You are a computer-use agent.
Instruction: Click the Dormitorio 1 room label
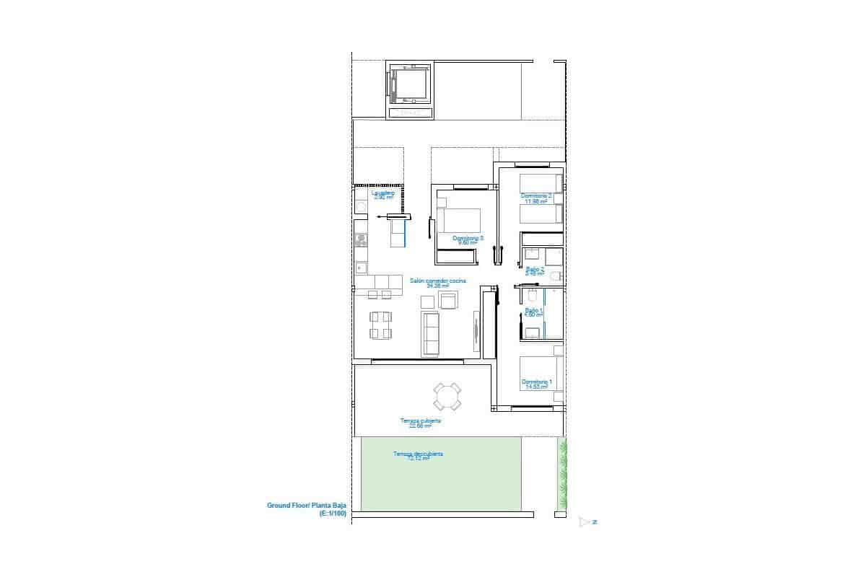pos(537,382)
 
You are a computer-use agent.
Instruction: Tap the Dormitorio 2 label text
pos(536,195)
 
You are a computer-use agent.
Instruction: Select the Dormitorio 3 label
pos(468,238)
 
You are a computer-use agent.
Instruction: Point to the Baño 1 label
pos(534,310)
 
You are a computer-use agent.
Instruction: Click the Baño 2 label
pos(535,269)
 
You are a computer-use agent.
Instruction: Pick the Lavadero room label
pos(382,193)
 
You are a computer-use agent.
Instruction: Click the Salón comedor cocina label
pos(438,281)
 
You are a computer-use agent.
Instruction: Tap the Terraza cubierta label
pos(420,420)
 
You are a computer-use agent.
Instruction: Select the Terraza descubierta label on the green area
pos(418,454)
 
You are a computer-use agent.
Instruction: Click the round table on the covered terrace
pos(447,396)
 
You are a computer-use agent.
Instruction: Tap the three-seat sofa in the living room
pos(431,333)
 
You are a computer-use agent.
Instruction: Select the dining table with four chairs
pos(381,325)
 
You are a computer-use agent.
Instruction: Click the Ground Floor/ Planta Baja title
pos(307,506)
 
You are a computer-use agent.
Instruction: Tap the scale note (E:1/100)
pos(333,514)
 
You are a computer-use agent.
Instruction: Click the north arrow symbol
pos(585,521)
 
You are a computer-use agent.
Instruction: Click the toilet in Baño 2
pos(555,276)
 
